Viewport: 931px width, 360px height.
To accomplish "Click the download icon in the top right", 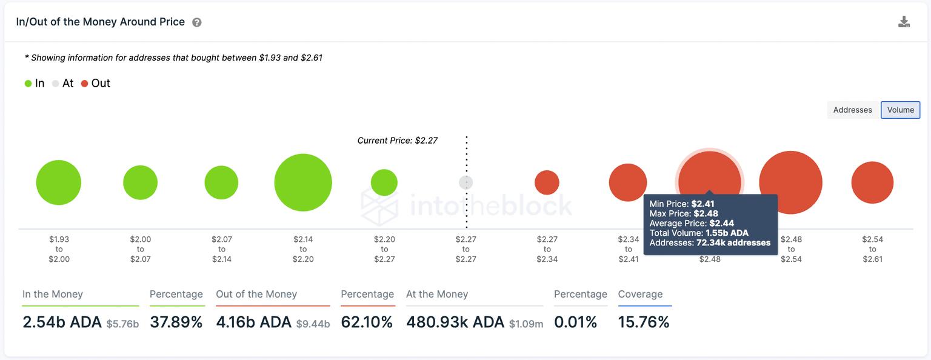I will [904, 22].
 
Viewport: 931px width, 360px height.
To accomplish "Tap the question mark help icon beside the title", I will [197, 22].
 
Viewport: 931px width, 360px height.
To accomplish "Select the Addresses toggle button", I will [852, 110].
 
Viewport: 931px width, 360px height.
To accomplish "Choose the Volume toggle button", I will [900, 110].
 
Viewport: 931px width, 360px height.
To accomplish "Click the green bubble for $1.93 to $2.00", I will [58, 182].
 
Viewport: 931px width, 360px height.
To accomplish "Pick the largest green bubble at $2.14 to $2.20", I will [303, 182].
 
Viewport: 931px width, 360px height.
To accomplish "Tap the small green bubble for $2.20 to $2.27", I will [384, 182].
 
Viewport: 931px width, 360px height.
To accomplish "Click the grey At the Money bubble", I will [465, 182].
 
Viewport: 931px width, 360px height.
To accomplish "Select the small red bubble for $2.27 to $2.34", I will [547, 182].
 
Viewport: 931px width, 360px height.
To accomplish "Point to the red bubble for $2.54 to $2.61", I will [872, 182].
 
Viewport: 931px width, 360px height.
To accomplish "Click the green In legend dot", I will [28, 84].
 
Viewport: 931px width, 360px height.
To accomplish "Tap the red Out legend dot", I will [85, 84].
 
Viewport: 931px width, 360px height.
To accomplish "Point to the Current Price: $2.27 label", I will [397, 141].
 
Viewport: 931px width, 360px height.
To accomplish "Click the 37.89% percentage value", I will [176, 322].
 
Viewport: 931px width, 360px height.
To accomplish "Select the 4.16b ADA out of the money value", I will [254, 322].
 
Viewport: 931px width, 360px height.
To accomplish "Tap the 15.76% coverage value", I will [644, 322].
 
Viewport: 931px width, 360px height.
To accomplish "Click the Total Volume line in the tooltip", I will [699, 233].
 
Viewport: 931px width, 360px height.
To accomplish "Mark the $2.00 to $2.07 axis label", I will [140, 249].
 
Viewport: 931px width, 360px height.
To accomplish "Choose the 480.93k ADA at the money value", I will [455, 322].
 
